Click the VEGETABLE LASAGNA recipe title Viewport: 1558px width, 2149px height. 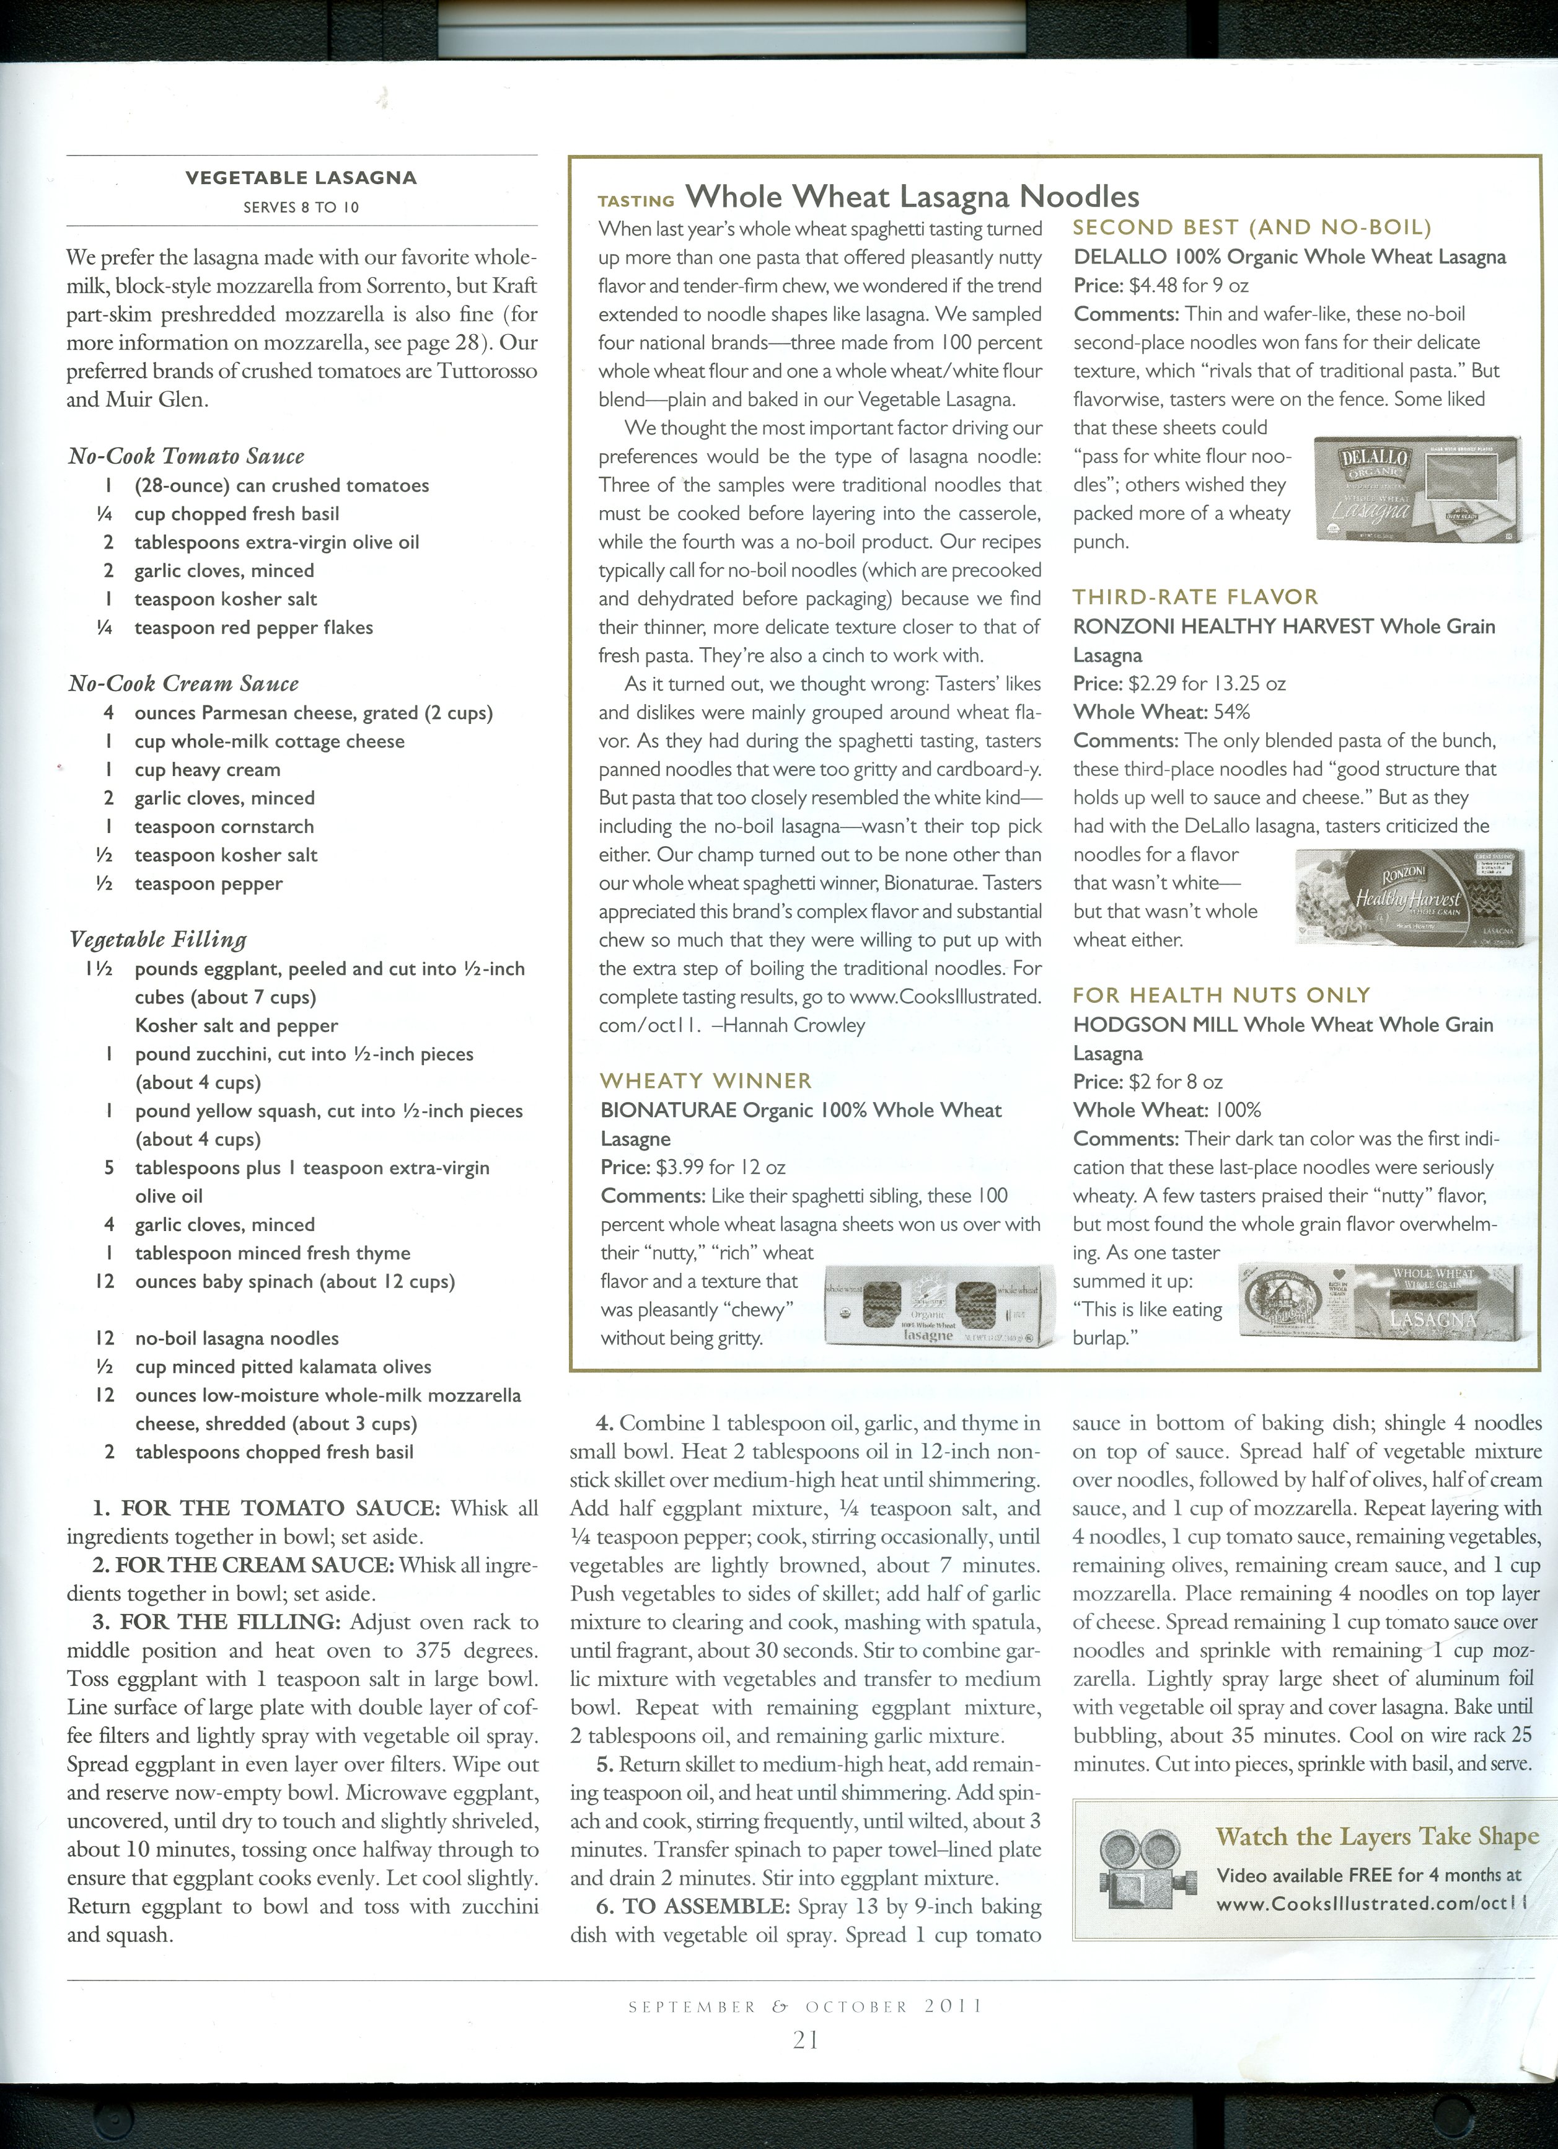point(301,177)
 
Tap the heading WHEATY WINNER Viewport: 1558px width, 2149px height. point(706,1081)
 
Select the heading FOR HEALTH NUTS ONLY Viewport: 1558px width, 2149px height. point(1221,995)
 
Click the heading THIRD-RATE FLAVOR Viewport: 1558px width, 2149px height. point(1195,597)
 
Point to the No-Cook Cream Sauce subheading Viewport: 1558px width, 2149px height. point(183,683)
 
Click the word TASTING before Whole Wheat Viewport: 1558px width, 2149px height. point(636,201)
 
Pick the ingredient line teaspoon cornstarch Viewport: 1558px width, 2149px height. point(224,826)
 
